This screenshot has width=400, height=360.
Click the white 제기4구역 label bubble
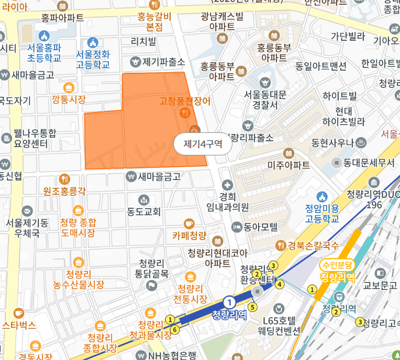[x=203, y=144]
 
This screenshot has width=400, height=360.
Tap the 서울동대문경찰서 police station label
[x=265, y=99]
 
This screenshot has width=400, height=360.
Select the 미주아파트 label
[x=288, y=165]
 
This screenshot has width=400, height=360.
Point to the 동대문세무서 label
[x=369, y=163]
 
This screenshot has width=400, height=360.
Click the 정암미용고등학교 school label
[x=323, y=213]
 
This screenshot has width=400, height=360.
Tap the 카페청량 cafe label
[x=190, y=235]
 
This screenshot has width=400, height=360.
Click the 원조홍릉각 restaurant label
[x=64, y=191]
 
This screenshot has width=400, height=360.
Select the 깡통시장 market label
[x=69, y=99]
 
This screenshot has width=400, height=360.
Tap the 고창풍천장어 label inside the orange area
[x=185, y=101]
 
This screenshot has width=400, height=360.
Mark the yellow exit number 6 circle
[x=175, y=329]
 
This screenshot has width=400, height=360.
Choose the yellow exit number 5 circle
[x=253, y=307]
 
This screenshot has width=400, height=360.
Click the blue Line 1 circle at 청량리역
[x=229, y=302]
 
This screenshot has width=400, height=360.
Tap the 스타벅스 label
[x=18, y=325]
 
